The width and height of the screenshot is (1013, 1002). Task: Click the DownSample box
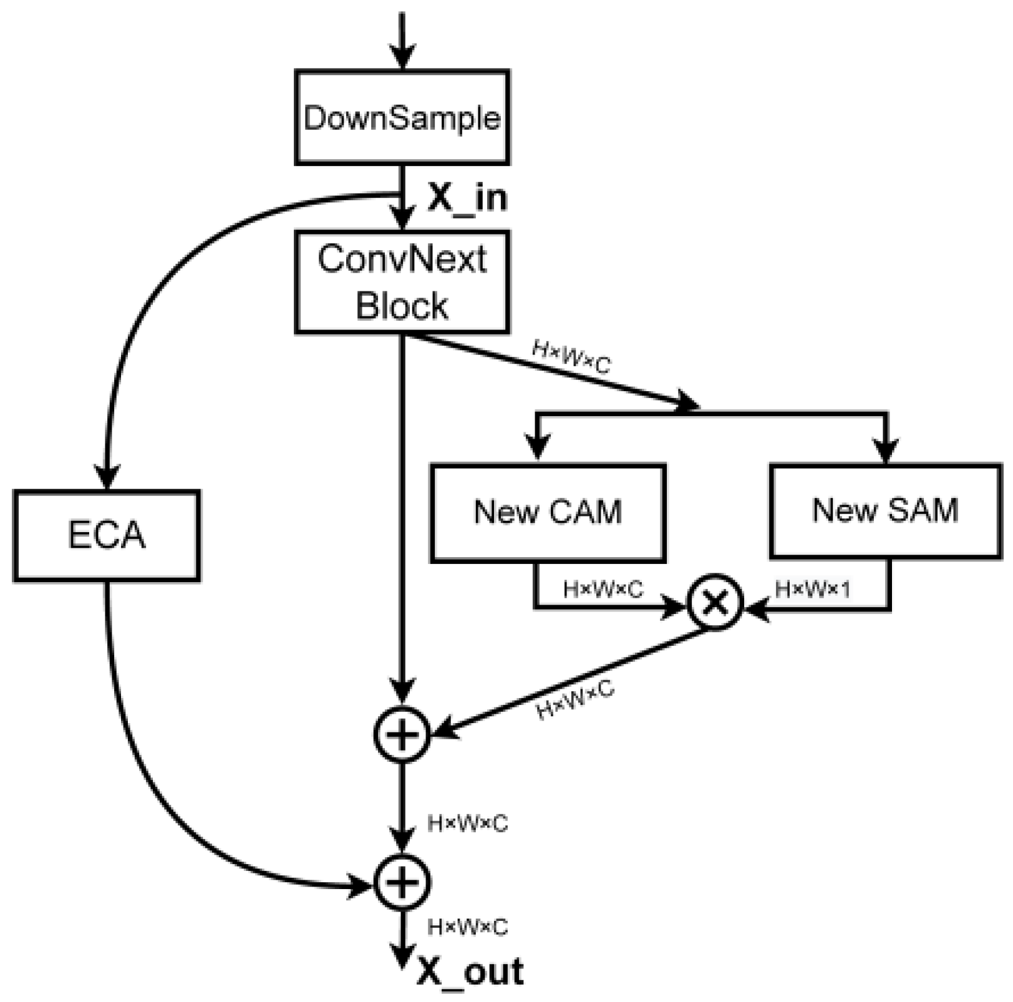coord(402,117)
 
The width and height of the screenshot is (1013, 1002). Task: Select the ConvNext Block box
coord(402,282)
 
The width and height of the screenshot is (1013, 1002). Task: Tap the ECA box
coord(107,536)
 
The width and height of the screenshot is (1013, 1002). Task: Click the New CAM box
coord(548,512)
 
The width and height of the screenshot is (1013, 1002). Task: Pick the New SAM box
coord(885,510)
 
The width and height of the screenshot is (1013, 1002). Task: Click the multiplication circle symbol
coord(715,602)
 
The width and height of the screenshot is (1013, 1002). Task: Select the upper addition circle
coord(402,734)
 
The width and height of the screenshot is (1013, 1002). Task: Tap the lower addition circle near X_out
coord(402,882)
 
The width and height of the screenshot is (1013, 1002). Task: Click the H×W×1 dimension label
coord(813,588)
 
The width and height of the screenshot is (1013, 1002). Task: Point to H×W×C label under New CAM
coord(603,588)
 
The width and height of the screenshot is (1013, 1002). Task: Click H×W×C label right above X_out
coord(468,927)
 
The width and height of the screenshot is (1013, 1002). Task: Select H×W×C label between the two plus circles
coord(468,824)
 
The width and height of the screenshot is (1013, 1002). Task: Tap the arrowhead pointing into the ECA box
coord(107,477)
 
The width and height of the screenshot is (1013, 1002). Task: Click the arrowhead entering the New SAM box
coord(886,450)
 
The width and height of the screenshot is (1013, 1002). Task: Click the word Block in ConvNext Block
coord(402,306)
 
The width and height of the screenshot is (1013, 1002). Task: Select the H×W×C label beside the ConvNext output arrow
coord(571,357)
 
